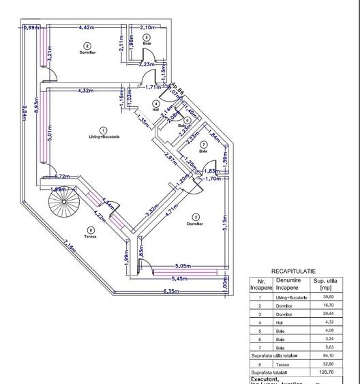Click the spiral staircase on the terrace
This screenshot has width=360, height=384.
(x=65, y=201)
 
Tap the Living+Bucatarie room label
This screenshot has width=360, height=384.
(x=104, y=137)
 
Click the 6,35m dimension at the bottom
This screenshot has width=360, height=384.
(x=170, y=292)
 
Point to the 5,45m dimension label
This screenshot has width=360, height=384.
(x=179, y=278)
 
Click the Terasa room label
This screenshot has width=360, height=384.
(x=91, y=237)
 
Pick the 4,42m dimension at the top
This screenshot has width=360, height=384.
(x=87, y=27)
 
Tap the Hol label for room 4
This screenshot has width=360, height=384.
(x=156, y=109)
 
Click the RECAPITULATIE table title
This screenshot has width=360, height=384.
(x=293, y=271)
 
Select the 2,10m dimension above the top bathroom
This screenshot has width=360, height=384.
(x=148, y=27)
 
